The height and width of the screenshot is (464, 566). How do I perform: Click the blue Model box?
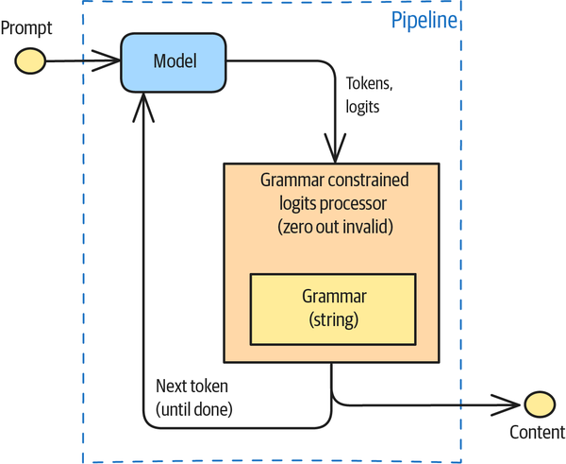(x=174, y=63)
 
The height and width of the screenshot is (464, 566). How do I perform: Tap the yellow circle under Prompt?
(x=30, y=61)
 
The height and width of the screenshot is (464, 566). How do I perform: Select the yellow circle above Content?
(x=540, y=404)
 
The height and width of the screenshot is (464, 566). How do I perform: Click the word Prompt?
(x=26, y=28)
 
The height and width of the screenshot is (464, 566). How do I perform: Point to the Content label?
(x=537, y=432)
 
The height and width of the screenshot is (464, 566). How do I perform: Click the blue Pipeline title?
(x=424, y=20)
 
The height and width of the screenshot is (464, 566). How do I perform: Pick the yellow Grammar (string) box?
(x=333, y=310)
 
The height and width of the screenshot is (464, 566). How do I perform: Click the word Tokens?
(x=369, y=83)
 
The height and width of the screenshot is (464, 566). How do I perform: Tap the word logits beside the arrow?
(x=362, y=107)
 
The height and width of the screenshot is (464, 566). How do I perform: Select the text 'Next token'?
(x=191, y=387)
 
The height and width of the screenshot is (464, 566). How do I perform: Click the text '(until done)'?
(x=193, y=409)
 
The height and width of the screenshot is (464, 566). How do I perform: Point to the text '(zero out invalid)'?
(x=335, y=227)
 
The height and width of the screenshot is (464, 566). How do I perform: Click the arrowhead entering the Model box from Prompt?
(x=106, y=60)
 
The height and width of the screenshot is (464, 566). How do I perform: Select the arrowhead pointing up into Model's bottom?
(x=143, y=108)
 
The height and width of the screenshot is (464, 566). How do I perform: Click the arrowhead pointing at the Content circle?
(x=506, y=405)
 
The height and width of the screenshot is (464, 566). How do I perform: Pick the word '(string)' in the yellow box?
(x=334, y=319)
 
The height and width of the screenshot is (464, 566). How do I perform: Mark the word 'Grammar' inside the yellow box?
(x=334, y=297)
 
